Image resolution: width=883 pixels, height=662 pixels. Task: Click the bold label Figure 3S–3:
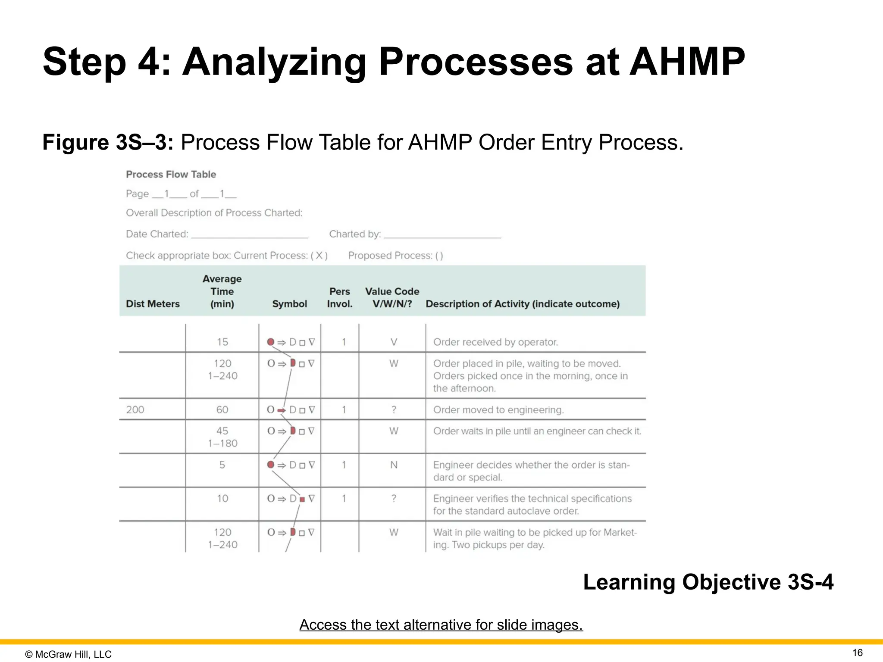[108, 142]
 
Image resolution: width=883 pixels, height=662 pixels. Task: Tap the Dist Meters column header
[153, 304]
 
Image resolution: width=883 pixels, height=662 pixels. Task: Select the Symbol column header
[289, 304]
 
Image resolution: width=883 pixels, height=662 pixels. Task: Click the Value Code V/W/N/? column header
[392, 298]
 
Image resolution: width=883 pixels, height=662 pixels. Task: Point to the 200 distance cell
[135, 409]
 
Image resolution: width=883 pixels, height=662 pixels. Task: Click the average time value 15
[222, 342]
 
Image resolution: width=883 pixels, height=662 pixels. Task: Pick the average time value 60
[222, 409]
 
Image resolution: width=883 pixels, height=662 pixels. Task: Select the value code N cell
[394, 465]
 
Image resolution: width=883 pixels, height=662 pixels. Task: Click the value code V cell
[394, 342]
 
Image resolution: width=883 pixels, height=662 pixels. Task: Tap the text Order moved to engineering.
[498, 409]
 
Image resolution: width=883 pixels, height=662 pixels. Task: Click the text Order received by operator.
[495, 342]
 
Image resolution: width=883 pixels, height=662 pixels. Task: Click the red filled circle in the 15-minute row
[271, 342]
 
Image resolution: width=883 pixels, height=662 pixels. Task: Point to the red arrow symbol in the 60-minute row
[281, 410]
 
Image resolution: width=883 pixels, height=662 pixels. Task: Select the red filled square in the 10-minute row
[302, 499]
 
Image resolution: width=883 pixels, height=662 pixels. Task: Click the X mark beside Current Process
[319, 256]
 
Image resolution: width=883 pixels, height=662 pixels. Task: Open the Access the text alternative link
[441, 625]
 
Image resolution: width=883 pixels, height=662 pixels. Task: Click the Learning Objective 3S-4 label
[708, 582]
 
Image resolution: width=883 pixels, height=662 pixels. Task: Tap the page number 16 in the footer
[858, 653]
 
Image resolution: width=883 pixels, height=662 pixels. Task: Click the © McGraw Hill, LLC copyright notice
[68, 654]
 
